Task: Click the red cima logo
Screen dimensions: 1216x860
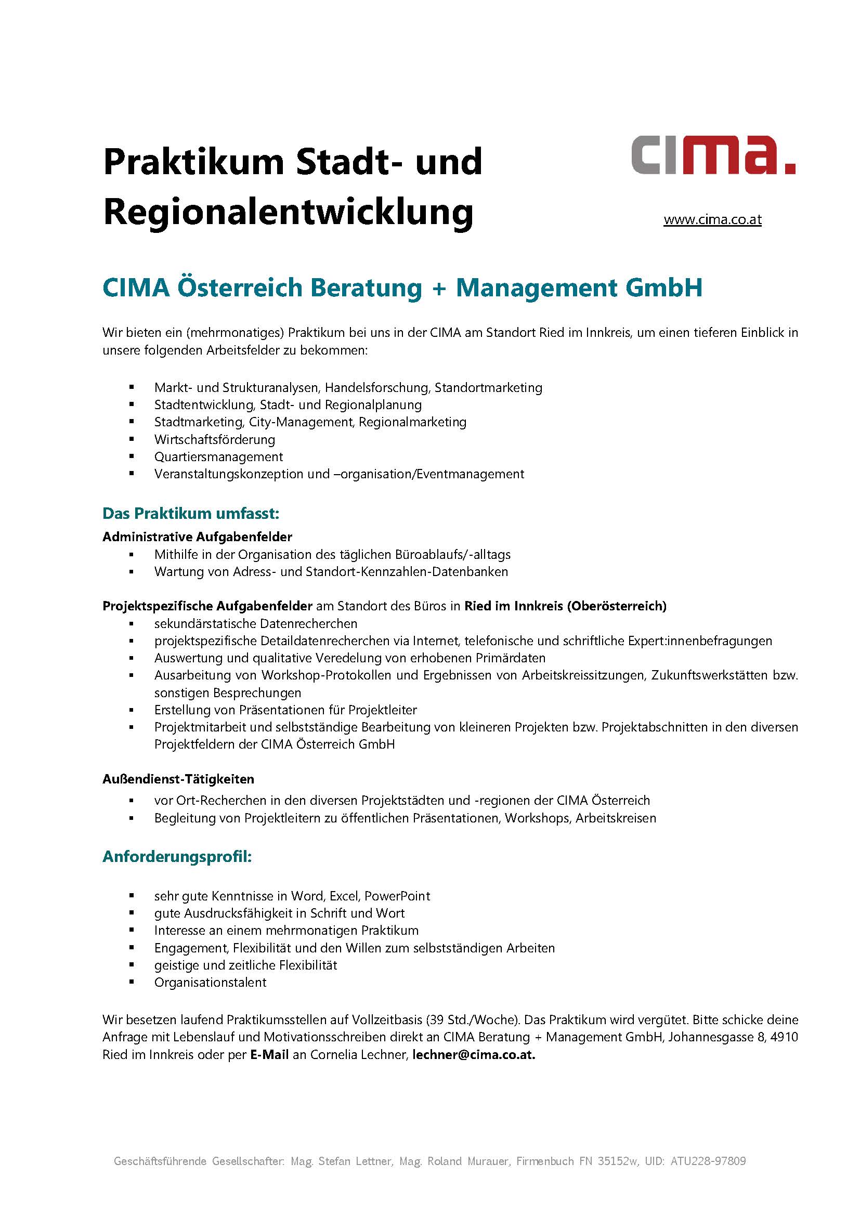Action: (713, 155)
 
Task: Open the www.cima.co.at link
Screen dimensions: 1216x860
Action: (712, 219)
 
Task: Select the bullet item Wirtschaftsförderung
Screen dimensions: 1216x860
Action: (214, 440)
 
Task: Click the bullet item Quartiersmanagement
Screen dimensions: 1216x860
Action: (218, 457)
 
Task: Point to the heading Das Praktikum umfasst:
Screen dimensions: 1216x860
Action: (191, 514)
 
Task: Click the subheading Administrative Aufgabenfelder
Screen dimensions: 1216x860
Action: (197, 537)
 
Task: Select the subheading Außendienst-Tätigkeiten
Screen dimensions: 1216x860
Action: (178, 779)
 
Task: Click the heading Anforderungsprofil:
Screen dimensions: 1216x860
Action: (177, 857)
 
